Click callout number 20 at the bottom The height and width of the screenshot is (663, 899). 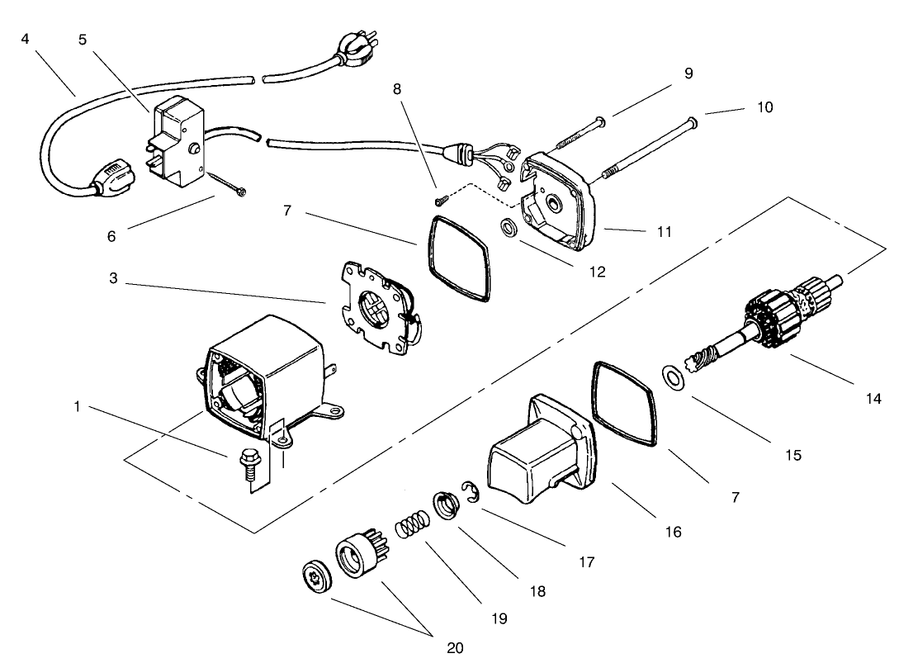tap(455, 647)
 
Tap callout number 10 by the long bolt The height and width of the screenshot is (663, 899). tap(764, 107)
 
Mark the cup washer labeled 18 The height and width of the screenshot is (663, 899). tap(446, 504)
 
